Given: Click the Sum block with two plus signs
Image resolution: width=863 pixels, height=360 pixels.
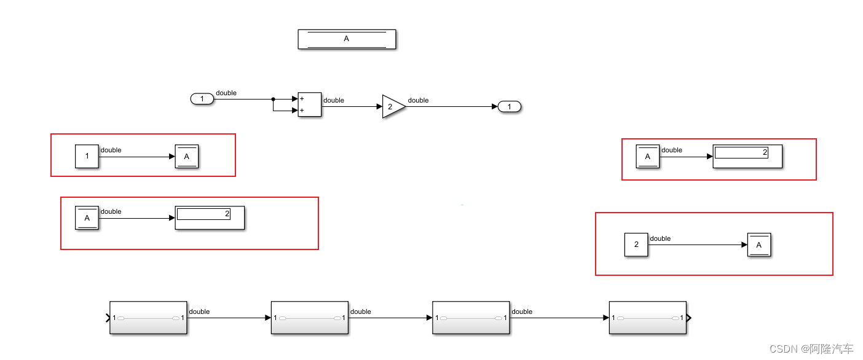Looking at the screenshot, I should tap(310, 105).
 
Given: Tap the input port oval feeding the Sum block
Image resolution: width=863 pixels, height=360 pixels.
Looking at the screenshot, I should tap(202, 99).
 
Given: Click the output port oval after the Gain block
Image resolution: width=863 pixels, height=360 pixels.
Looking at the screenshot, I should tap(510, 107).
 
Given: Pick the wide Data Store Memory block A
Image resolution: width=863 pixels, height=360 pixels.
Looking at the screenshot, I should tap(347, 39).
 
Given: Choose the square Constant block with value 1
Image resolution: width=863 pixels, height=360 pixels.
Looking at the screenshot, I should tap(87, 156).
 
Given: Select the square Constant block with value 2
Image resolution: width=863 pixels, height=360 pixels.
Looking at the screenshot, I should tap(636, 245).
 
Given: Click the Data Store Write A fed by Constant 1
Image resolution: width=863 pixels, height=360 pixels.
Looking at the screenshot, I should tap(187, 157).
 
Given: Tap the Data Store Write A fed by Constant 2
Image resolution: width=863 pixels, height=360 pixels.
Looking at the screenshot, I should tap(759, 245).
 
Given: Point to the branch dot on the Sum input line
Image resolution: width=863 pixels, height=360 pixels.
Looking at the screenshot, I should tap(273, 99).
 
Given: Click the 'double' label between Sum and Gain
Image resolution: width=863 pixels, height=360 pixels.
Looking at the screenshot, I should tap(334, 100).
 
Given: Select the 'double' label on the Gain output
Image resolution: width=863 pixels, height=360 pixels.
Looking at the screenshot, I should tap(419, 100).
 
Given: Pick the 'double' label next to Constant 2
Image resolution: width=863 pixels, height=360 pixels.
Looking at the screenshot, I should tap(660, 238).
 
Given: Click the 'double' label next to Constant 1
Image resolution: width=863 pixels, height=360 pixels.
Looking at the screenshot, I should tap(111, 150).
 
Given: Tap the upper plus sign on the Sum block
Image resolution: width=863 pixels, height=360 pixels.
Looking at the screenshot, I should tap(302, 99).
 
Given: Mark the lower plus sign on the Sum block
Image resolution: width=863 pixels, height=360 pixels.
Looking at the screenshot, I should tap(302, 111).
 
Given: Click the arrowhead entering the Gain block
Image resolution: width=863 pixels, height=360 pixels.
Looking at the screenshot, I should tap(379, 106).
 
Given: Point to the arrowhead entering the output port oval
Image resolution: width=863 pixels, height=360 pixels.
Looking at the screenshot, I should tap(495, 107).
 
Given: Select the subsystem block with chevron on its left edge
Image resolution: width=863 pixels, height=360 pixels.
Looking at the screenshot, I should tap(148, 318).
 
